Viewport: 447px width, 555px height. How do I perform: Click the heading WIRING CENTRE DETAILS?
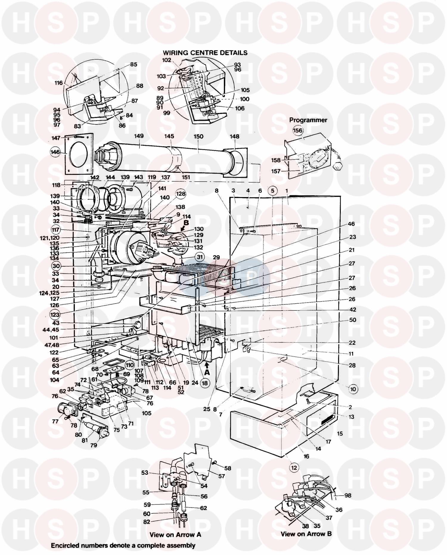click(x=205, y=53)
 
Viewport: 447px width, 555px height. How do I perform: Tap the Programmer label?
click(x=308, y=120)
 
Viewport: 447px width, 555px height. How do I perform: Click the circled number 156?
click(x=297, y=130)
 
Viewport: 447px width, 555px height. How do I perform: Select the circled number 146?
click(x=55, y=152)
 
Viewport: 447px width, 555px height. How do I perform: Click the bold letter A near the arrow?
click(x=207, y=372)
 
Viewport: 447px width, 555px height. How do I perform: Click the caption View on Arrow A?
click(x=175, y=535)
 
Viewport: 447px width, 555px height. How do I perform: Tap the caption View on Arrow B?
click(x=306, y=534)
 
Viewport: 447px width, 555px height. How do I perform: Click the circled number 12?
click(x=294, y=468)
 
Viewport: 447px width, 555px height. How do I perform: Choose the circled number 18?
click(x=205, y=383)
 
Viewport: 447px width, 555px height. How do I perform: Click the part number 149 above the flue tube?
click(x=139, y=136)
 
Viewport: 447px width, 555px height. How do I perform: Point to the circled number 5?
click(x=272, y=190)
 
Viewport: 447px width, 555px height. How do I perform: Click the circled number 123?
click(x=55, y=314)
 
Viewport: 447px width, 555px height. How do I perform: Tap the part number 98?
click(x=347, y=495)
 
